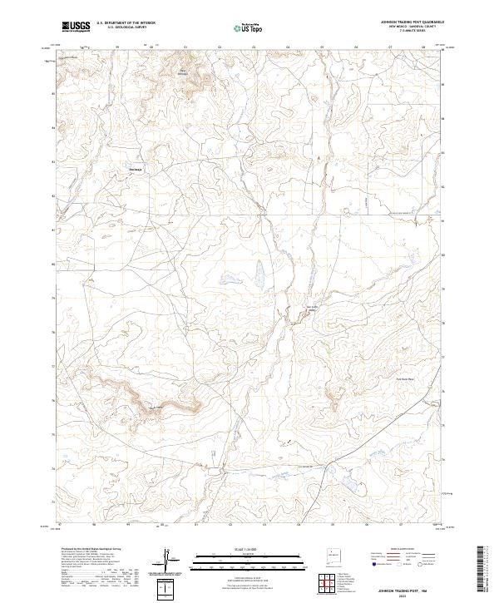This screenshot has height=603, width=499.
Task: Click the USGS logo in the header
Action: (x=76, y=27)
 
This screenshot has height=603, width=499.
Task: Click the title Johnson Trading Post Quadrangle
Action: (x=412, y=22)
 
